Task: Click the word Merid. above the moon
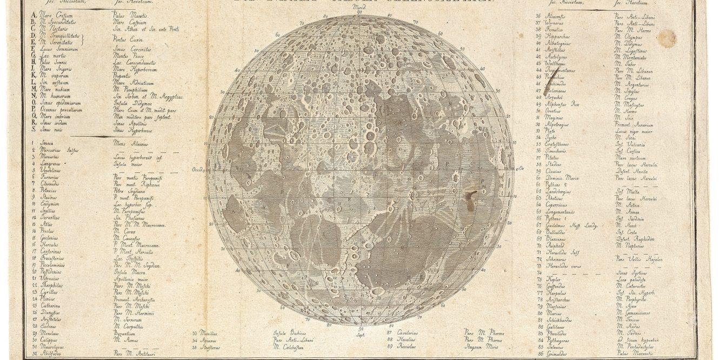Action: point(357,9)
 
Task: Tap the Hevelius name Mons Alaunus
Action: point(127,144)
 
